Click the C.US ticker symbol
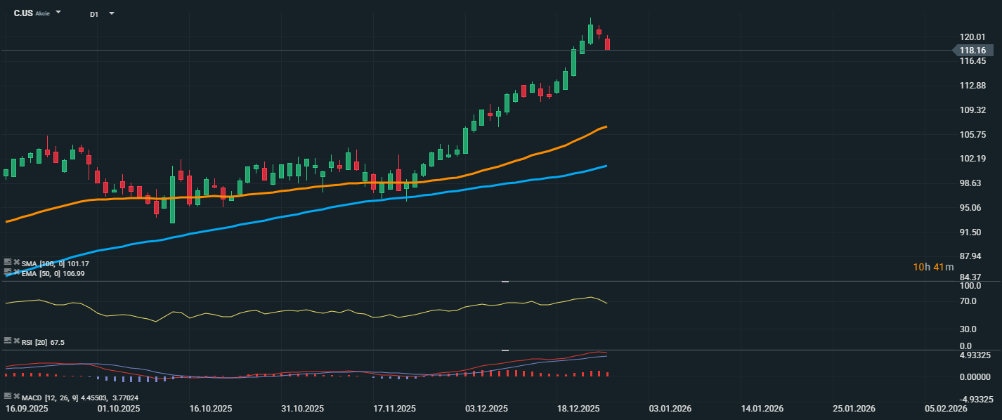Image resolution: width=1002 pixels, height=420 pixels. (22, 13)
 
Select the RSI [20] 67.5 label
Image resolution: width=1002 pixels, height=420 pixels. (43, 342)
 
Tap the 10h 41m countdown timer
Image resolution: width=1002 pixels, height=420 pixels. (933, 267)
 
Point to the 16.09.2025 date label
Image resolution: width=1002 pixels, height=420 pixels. (26, 408)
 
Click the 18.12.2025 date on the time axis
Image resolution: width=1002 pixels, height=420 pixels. (578, 408)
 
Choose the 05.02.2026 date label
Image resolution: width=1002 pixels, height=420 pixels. (946, 408)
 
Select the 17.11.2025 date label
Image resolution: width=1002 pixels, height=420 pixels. (395, 408)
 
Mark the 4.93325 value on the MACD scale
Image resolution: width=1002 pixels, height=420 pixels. (975, 355)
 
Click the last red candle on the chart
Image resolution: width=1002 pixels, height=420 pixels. (607, 44)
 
